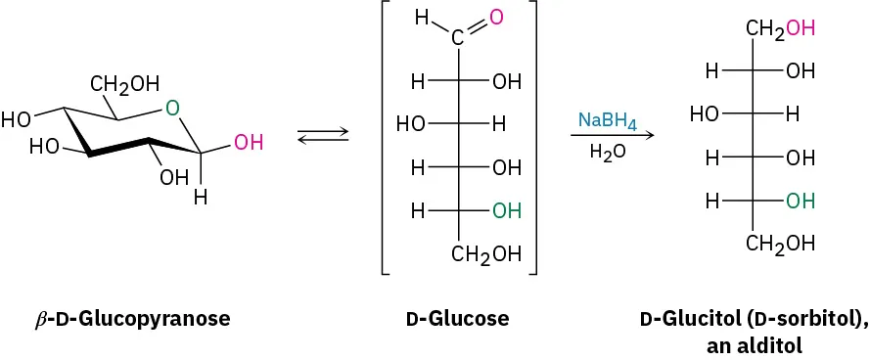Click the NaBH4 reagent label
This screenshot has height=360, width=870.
click(x=607, y=121)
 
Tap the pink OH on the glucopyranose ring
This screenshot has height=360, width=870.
click(x=249, y=143)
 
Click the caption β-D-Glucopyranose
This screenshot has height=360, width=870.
click(x=132, y=319)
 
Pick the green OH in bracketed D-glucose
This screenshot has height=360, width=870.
click(x=506, y=210)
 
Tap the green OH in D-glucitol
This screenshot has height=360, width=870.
click(x=800, y=200)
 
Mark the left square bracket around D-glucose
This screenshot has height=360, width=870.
click(x=386, y=137)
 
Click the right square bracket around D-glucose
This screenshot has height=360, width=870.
click(x=534, y=137)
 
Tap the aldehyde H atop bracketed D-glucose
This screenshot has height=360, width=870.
click(x=423, y=18)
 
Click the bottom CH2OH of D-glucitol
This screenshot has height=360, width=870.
click(x=780, y=244)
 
